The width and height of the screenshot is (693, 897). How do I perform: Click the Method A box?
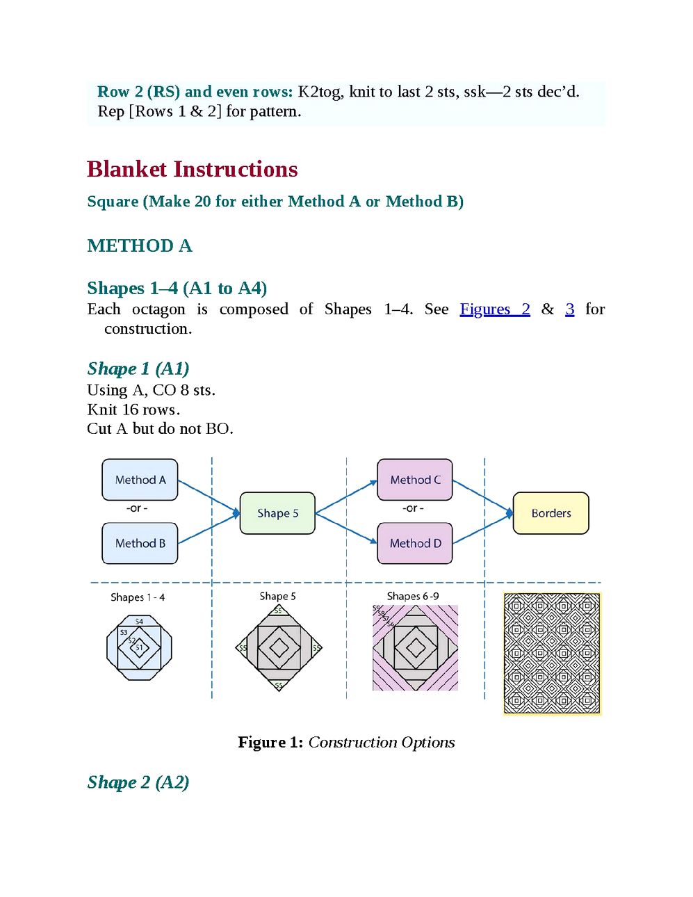click(x=140, y=480)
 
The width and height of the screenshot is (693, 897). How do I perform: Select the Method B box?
click(x=140, y=543)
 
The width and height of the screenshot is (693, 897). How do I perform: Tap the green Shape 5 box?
click(x=277, y=513)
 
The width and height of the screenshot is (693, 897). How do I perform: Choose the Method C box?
click(x=415, y=480)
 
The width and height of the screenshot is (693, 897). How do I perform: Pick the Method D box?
click(x=415, y=543)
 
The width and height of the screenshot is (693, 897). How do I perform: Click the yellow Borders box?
click(x=551, y=513)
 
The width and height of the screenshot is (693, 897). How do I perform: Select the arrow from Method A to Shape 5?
click(x=209, y=496)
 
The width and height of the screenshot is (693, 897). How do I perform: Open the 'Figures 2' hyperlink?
click(x=495, y=309)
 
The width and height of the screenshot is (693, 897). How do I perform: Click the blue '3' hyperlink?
click(x=570, y=309)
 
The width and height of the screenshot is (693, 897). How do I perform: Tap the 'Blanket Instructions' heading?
click(x=193, y=169)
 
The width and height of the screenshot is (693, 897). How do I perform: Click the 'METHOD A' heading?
click(x=140, y=245)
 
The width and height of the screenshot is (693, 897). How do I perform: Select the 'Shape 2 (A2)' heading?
click(x=138, y=782)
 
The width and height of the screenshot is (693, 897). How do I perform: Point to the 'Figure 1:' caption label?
click(x=271, y=742)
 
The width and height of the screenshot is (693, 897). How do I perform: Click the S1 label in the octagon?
click(x=140, y=647)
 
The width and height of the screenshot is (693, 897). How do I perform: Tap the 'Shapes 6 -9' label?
click(x=413, y=596)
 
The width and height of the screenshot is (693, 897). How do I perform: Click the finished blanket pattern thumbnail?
click(x=553, y=654)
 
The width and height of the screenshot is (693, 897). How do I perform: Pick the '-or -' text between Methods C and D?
click(x=413, y=508)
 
